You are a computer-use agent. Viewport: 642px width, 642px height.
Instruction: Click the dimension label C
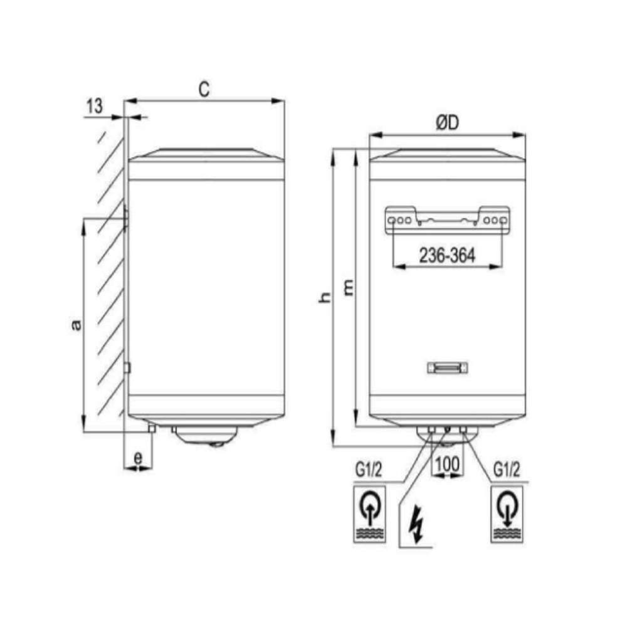[x=204, y=89]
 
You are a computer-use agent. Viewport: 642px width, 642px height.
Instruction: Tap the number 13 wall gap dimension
[x=95, y=106]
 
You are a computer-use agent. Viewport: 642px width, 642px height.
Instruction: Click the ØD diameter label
[x=448, y=122]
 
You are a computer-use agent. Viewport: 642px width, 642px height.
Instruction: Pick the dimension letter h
[x=325, y=298]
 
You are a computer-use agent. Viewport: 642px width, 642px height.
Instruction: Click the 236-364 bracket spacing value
[x=447, y=256]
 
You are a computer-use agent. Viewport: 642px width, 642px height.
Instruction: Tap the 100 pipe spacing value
[x=447, y=465]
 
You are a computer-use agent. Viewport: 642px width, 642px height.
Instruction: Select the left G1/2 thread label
[x=369, y=470]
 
